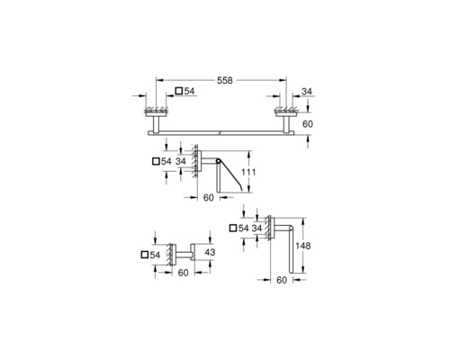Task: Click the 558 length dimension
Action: (x=225, y=80)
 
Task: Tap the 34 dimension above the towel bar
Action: (x=307, y=91)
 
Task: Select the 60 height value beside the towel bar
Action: (x=308, y=124)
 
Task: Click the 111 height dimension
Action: (x=248, y=172)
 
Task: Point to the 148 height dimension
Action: (x=303, y=246)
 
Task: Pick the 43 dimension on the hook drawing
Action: (x=210, y=252)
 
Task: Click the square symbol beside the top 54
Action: (x=179, y=91)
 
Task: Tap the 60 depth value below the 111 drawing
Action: (x=209, y=198)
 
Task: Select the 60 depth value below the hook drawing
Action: (x=183, y=273)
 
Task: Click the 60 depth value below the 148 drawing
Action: (x=282, y=280)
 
